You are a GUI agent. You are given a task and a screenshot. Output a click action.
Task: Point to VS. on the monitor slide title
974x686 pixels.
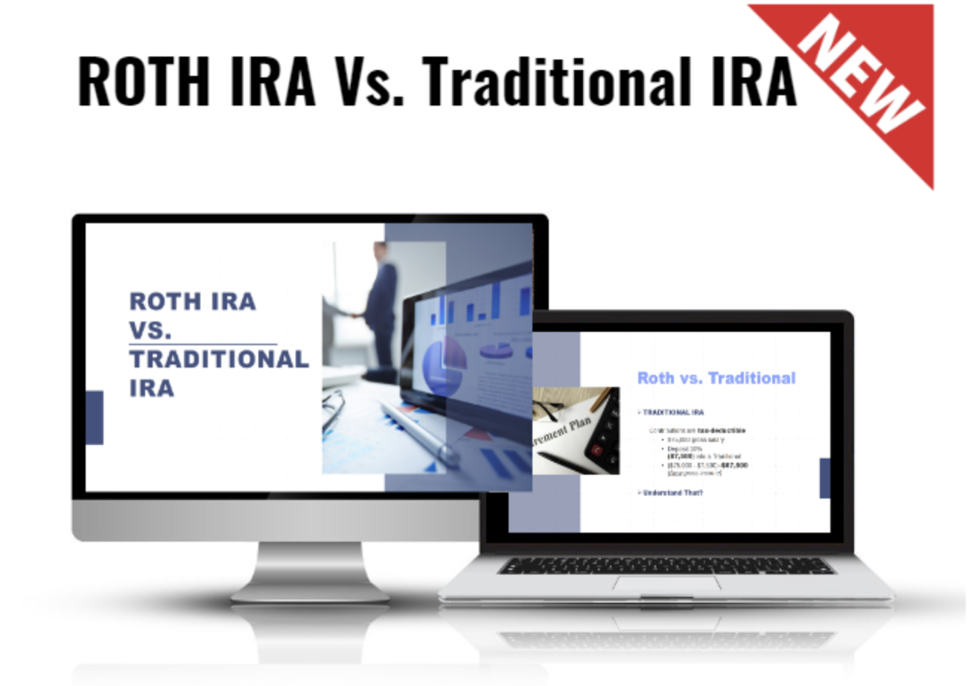pyautogui.click(x=150, y=330)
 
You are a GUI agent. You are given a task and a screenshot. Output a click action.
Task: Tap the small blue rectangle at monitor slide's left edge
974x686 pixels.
pyautogui.click(x=95, y=417)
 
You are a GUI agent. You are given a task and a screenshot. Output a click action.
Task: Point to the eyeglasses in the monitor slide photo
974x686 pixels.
pyautogui.click(x=333, y=406)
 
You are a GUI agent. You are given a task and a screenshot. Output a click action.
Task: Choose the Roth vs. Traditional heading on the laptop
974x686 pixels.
pyautogui.click(x=716, y=378)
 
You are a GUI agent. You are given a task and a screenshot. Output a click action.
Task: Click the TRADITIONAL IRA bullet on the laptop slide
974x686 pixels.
pyautogui.click(x=673, y=411)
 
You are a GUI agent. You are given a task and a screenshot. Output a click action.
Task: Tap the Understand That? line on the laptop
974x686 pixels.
pyautogui.click(x=672, y=493)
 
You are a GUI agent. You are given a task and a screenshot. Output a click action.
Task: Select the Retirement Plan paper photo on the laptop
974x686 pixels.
pyautogui.click(x=566, y=432)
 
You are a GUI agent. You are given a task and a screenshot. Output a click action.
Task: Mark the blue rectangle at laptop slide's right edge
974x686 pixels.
pyautogui.click(x=824, y=478)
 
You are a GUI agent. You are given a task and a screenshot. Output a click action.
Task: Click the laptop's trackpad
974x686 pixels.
pyautogui.click(x=666, y=583)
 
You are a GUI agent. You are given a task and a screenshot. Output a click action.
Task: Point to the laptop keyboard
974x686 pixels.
pyautogui.click(x=666, y=565)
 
